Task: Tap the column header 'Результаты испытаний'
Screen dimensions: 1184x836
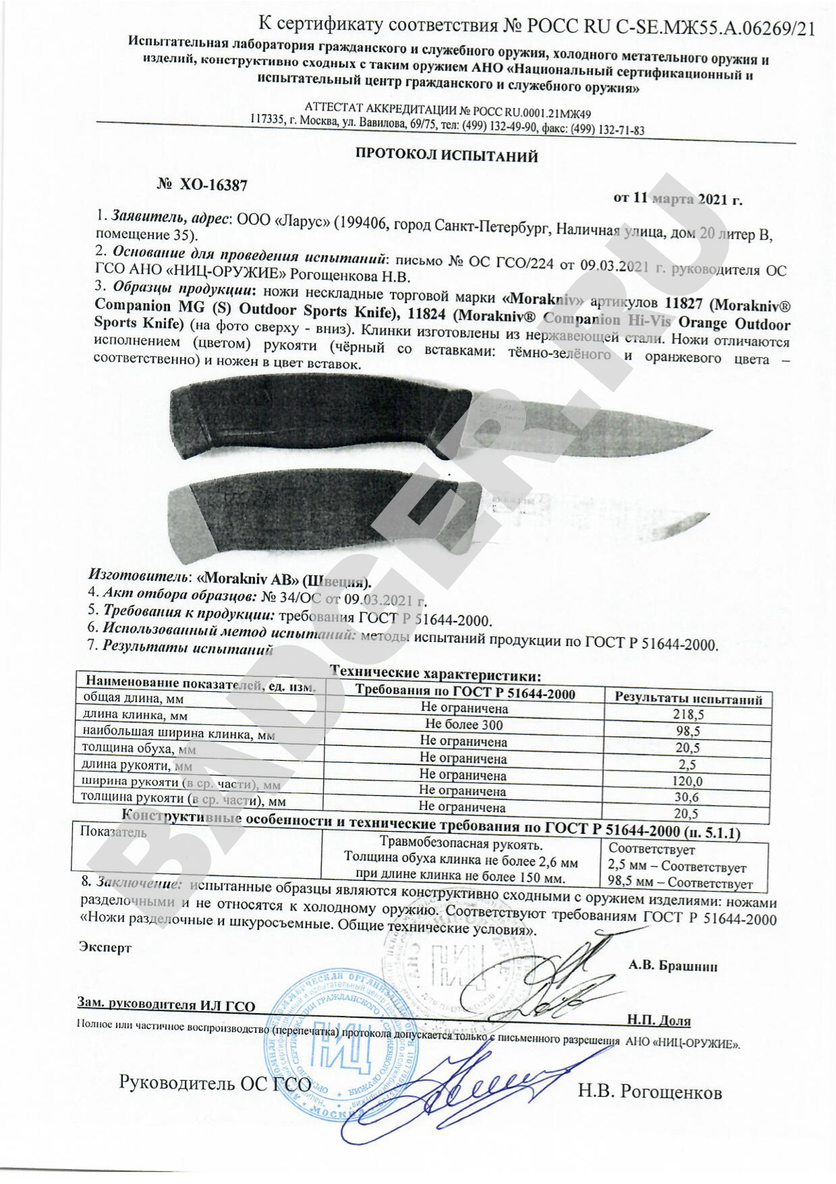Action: tap(688, 700)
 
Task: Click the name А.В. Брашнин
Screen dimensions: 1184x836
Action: tap(672, 965)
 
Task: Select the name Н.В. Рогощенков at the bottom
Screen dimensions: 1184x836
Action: tap(649, 1092)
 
